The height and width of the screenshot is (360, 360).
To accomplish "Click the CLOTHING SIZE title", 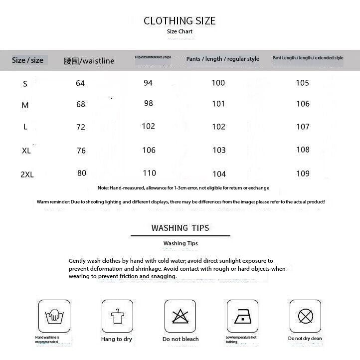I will [180, 21].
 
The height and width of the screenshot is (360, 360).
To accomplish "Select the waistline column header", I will [89, 61].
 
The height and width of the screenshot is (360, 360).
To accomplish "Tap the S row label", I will [25, 84].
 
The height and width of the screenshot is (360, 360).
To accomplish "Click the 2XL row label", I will [27, 175].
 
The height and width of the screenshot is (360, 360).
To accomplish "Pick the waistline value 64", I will [80, 83].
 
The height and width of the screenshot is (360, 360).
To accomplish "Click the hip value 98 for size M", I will [148, 103].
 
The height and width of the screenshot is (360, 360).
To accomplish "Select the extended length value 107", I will [303, 127].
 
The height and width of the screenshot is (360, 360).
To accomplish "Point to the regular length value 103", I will [218, 150].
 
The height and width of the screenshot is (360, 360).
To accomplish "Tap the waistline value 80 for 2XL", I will [82, 173].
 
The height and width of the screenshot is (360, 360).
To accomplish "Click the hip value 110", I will [149, 173].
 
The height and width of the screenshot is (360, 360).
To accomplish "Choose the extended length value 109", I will [303, 174].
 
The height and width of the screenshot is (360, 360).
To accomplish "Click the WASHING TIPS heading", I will [180, 228].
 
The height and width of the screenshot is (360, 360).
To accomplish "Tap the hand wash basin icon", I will [54, 316].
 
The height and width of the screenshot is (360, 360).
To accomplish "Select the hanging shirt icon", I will [117, 316].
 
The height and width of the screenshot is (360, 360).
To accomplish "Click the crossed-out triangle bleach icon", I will [180, 316].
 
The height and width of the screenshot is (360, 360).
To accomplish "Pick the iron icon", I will [242, 316].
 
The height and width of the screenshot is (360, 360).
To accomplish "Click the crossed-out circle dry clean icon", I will [305, 316].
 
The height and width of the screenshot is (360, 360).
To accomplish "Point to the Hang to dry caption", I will [117, 339].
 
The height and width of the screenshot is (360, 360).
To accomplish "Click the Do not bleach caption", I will [180, 339].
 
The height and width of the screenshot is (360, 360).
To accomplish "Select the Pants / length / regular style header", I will [223, 59].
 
